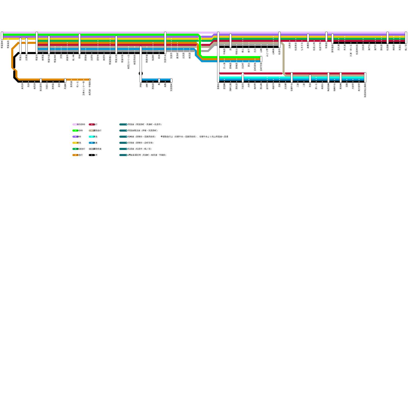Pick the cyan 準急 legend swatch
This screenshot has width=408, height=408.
click(x=92, y=137)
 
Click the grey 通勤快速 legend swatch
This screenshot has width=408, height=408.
click(x=92, y=149)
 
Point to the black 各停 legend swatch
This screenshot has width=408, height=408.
click(x=92, y=155)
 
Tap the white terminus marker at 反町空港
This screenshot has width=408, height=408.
click(x=261, y=59)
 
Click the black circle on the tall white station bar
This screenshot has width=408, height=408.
click(x=141, y=73)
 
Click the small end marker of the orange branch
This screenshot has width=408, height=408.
click(x=90, y=80)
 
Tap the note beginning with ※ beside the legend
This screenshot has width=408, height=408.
click(x=194, y=137)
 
